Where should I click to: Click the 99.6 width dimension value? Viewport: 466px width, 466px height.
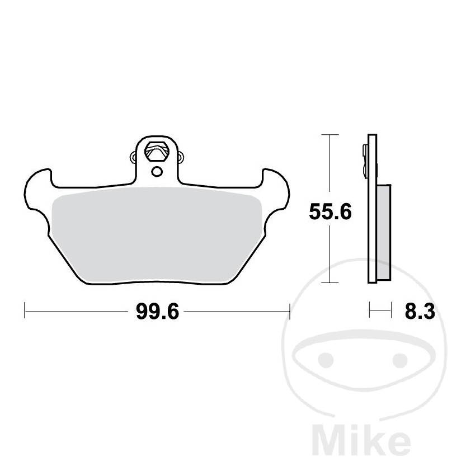158,312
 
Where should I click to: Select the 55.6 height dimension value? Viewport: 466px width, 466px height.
330,212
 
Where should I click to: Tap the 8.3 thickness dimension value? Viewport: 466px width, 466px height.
420,312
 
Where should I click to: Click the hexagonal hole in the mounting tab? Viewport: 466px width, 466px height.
156,152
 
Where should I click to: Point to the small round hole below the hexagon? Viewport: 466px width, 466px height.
157,172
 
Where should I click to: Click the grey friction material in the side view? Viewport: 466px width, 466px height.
384,232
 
